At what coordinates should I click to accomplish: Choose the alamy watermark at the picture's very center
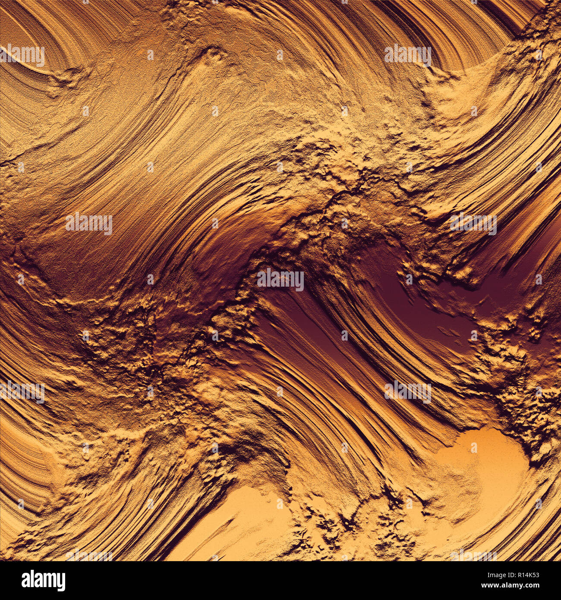pos(280,279)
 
